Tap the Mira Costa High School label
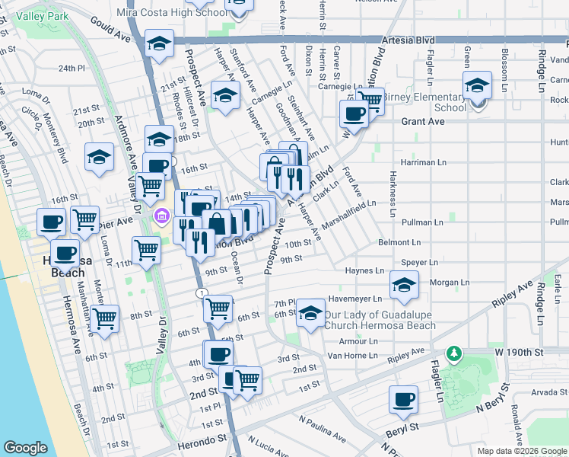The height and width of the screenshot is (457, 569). point(172,12)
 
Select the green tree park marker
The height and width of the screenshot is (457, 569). point(454,353)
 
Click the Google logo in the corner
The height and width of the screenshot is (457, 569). point(25,448)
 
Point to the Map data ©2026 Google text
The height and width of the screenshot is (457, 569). point(523,451)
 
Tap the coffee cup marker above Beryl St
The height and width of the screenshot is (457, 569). point(403,399)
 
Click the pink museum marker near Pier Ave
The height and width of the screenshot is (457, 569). point(161,218)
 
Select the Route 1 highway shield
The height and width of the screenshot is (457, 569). point(200,293)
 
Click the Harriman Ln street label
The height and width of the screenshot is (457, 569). point(423,162)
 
